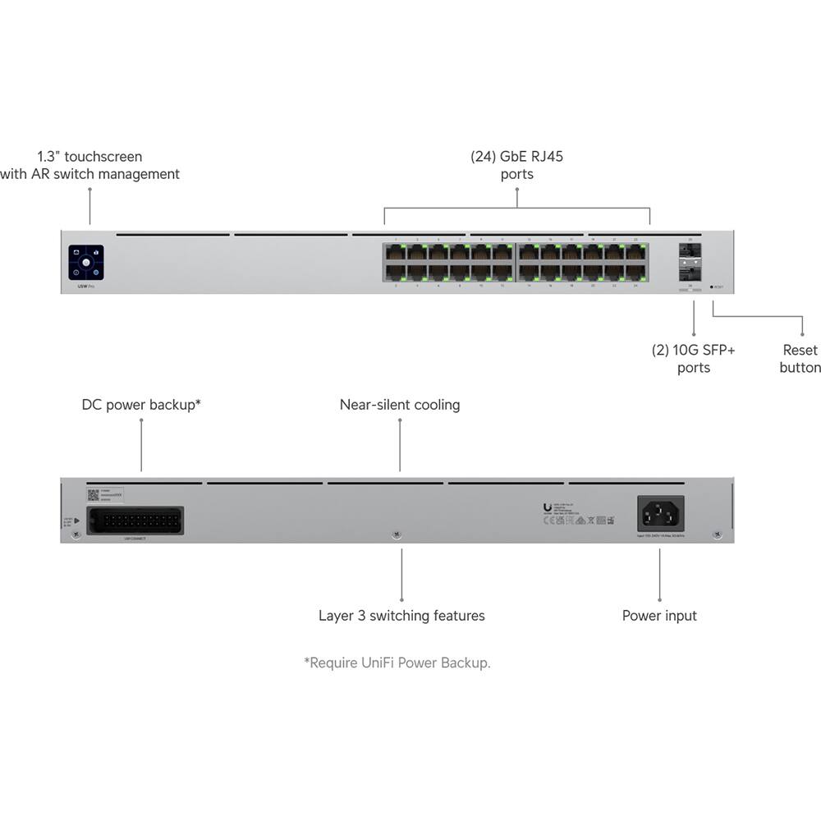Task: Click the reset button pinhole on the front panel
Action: [712, 287]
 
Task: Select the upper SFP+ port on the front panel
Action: [688, 250]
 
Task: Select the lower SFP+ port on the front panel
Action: [688, 269]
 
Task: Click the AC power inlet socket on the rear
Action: [661, 514]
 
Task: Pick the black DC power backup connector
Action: [135, 521]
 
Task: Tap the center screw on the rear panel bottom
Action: [396, 534]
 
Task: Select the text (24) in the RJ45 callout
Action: [484, 156]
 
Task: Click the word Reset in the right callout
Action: [800, 350]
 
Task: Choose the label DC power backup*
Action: [141, 405]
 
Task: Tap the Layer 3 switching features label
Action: [401, 615]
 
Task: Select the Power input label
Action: [659, 615]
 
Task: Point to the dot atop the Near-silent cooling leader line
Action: [400, 420]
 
